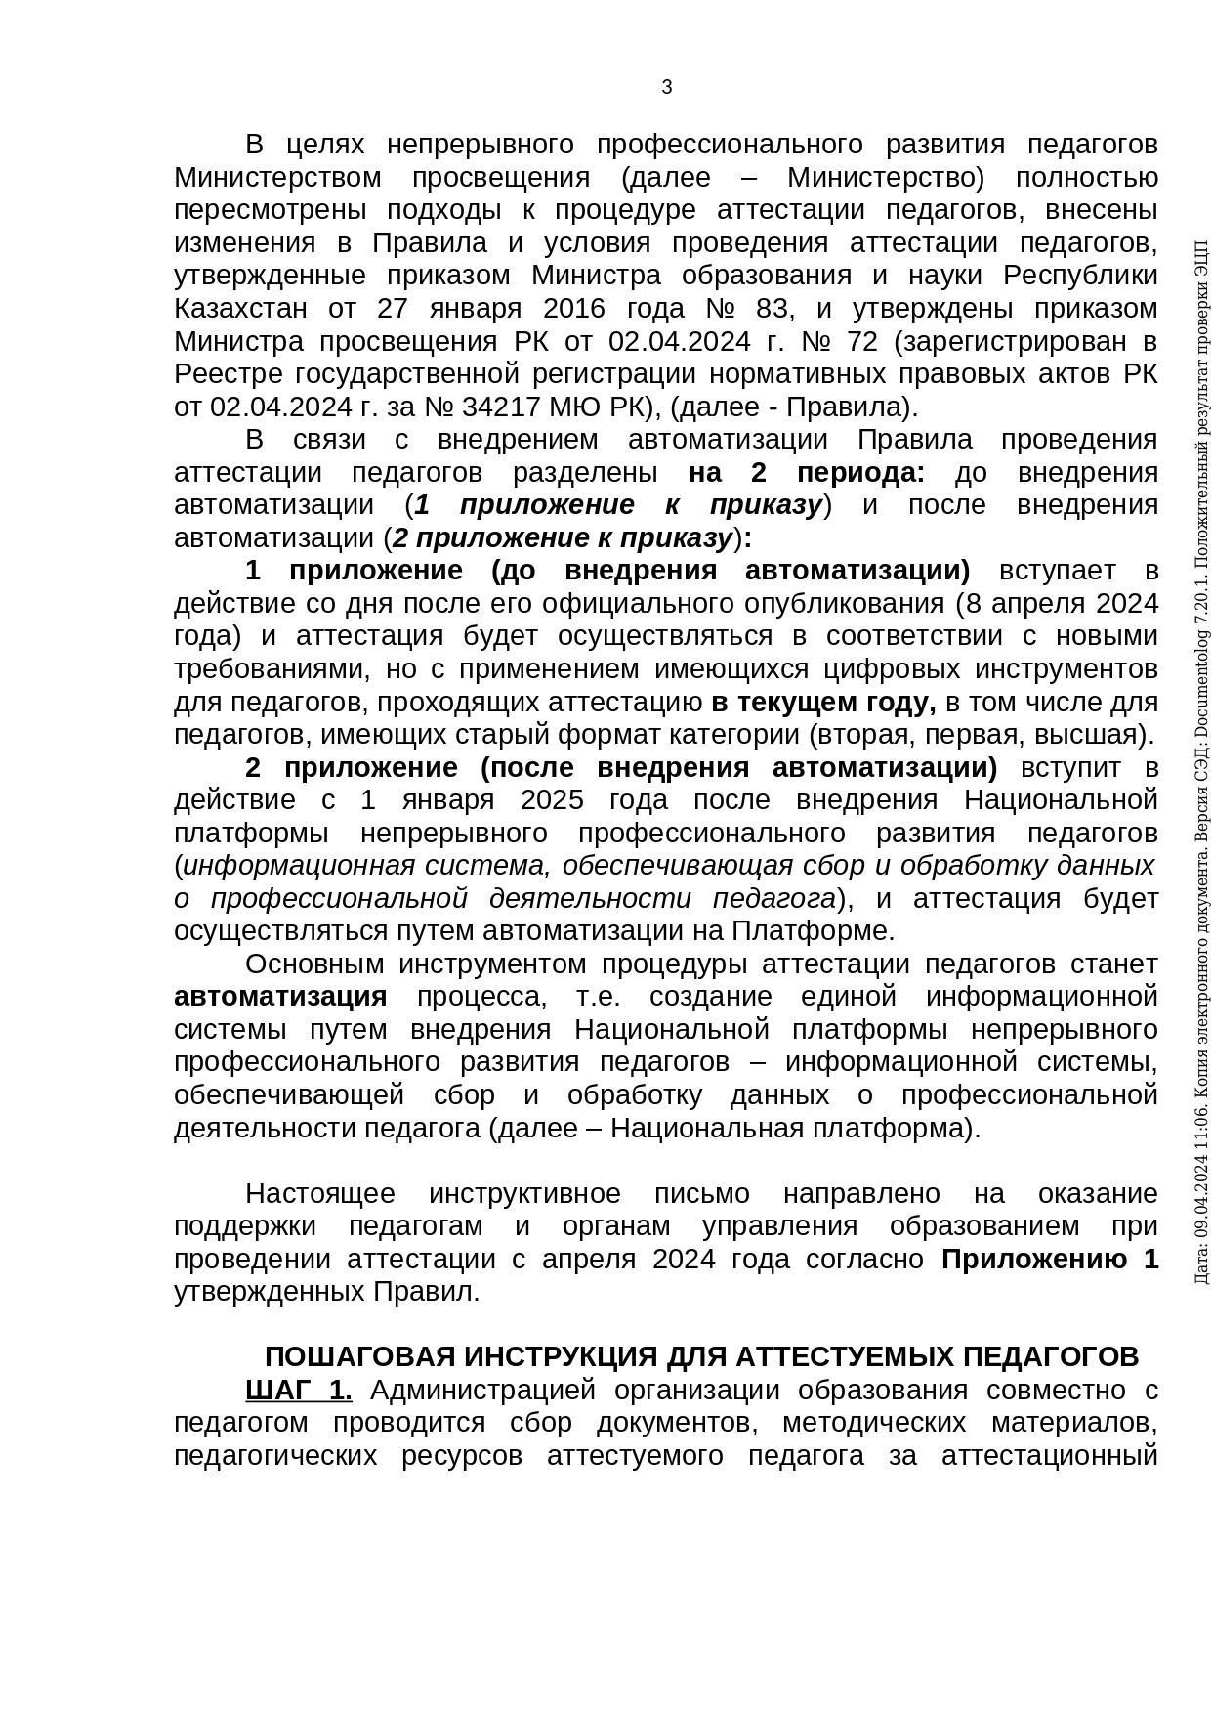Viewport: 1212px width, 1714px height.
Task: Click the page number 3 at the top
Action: point(667,87)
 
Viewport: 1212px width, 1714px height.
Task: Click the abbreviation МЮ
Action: point(585,407)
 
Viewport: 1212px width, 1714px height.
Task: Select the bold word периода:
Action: point(860,473)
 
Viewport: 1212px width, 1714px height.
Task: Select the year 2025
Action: point(552,800)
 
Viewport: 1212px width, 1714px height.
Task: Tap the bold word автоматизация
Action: point(280,997)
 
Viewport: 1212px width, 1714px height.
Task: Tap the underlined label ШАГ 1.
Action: point(298,1391)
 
